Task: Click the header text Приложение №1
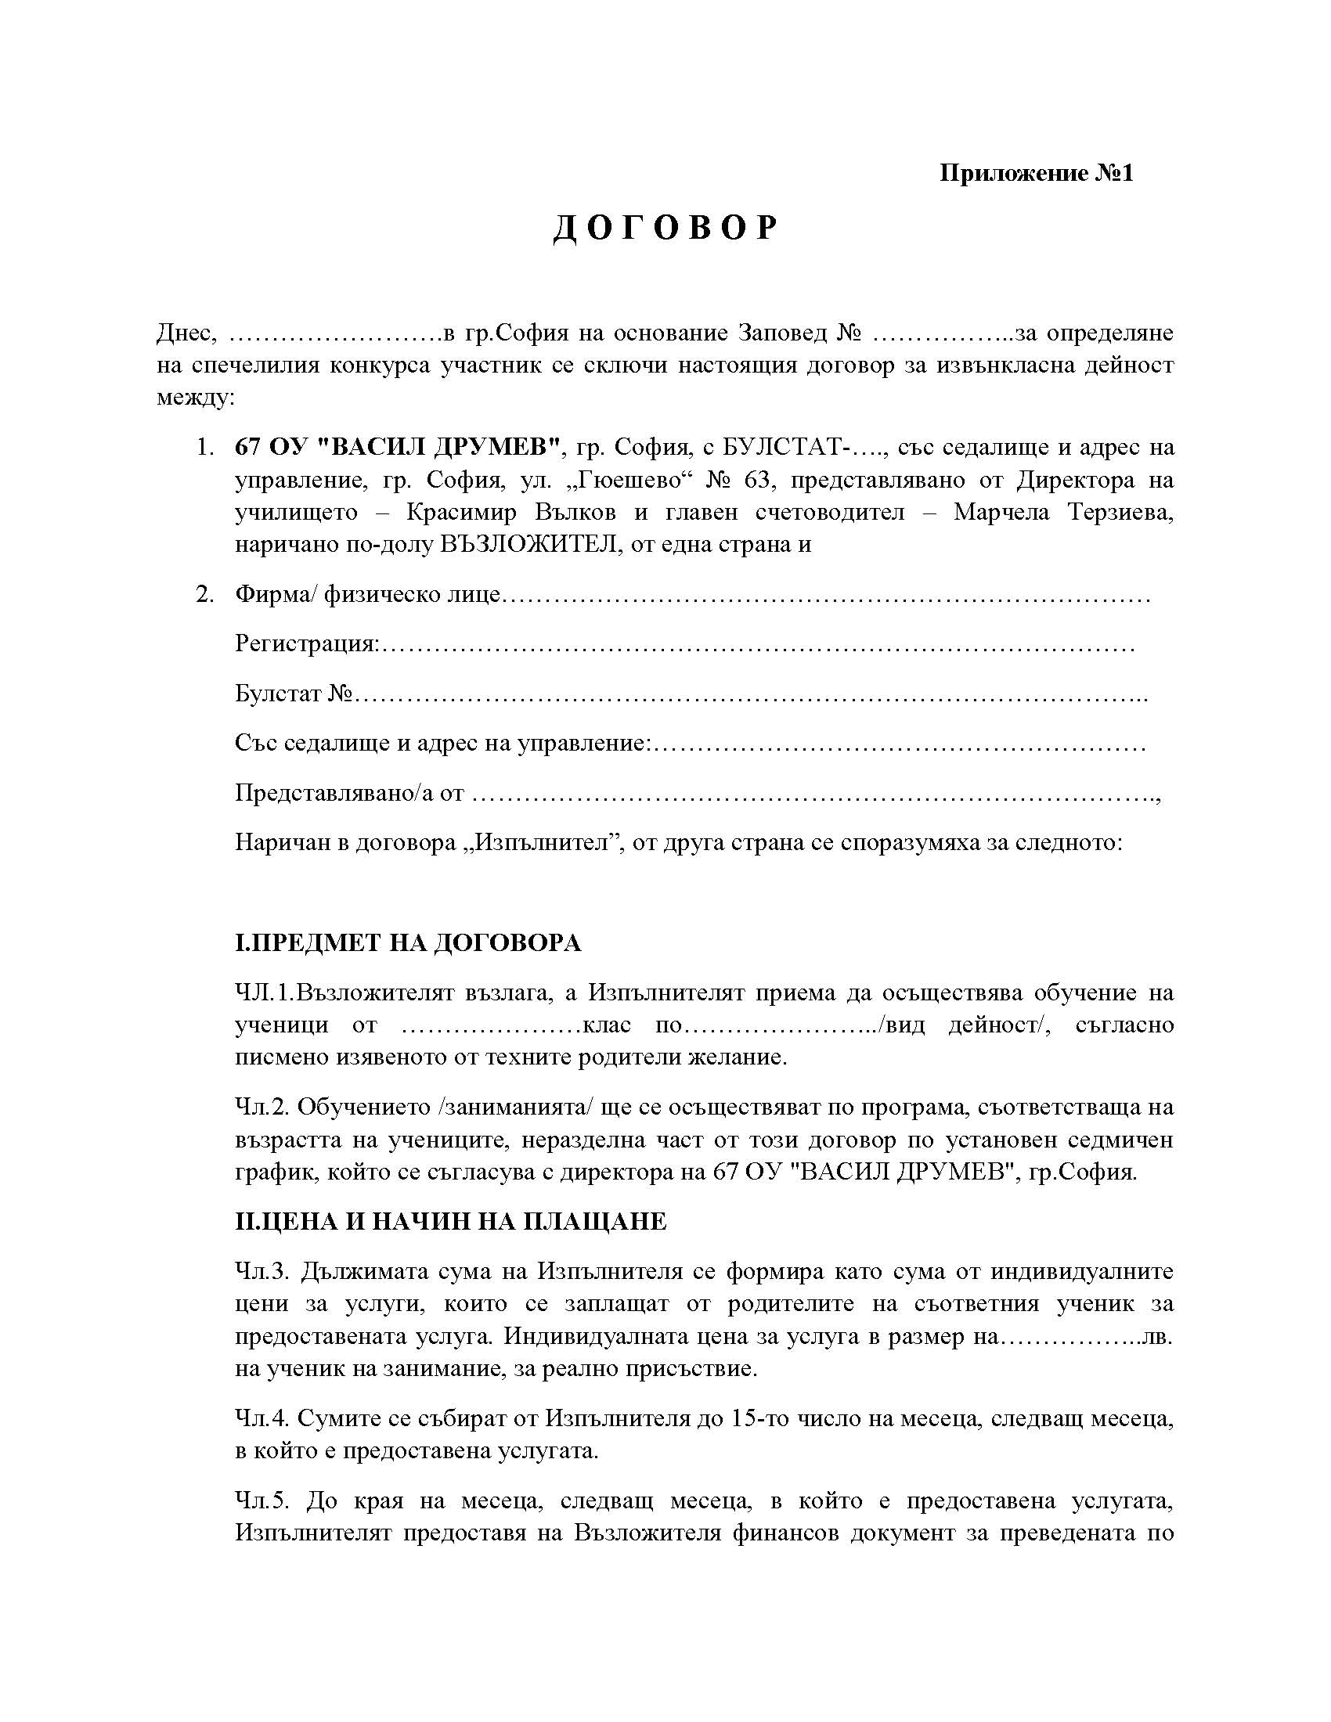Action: (1035, 173)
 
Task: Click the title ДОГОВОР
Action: (665, 229)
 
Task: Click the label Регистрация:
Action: (307, 644)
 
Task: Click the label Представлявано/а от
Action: (349, 793)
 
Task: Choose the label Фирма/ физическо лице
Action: (367, 595)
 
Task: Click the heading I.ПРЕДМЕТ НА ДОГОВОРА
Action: (408, 943)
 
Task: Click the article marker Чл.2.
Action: (263, 1108)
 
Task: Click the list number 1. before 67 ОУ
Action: (205, 448)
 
